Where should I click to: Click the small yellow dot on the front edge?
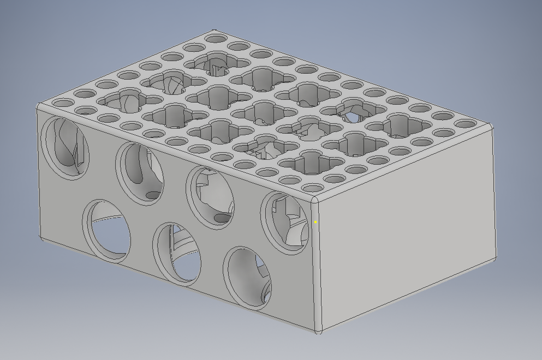click(315, 222)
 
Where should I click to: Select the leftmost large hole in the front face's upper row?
click(65, 146)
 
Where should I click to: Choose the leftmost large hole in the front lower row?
click(108, 231)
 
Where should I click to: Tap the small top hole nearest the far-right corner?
click(465, 124)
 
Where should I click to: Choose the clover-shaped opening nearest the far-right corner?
click(400, 124)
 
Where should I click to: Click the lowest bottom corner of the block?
click(318, 330)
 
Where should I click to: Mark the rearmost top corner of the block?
click(214, 31)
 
